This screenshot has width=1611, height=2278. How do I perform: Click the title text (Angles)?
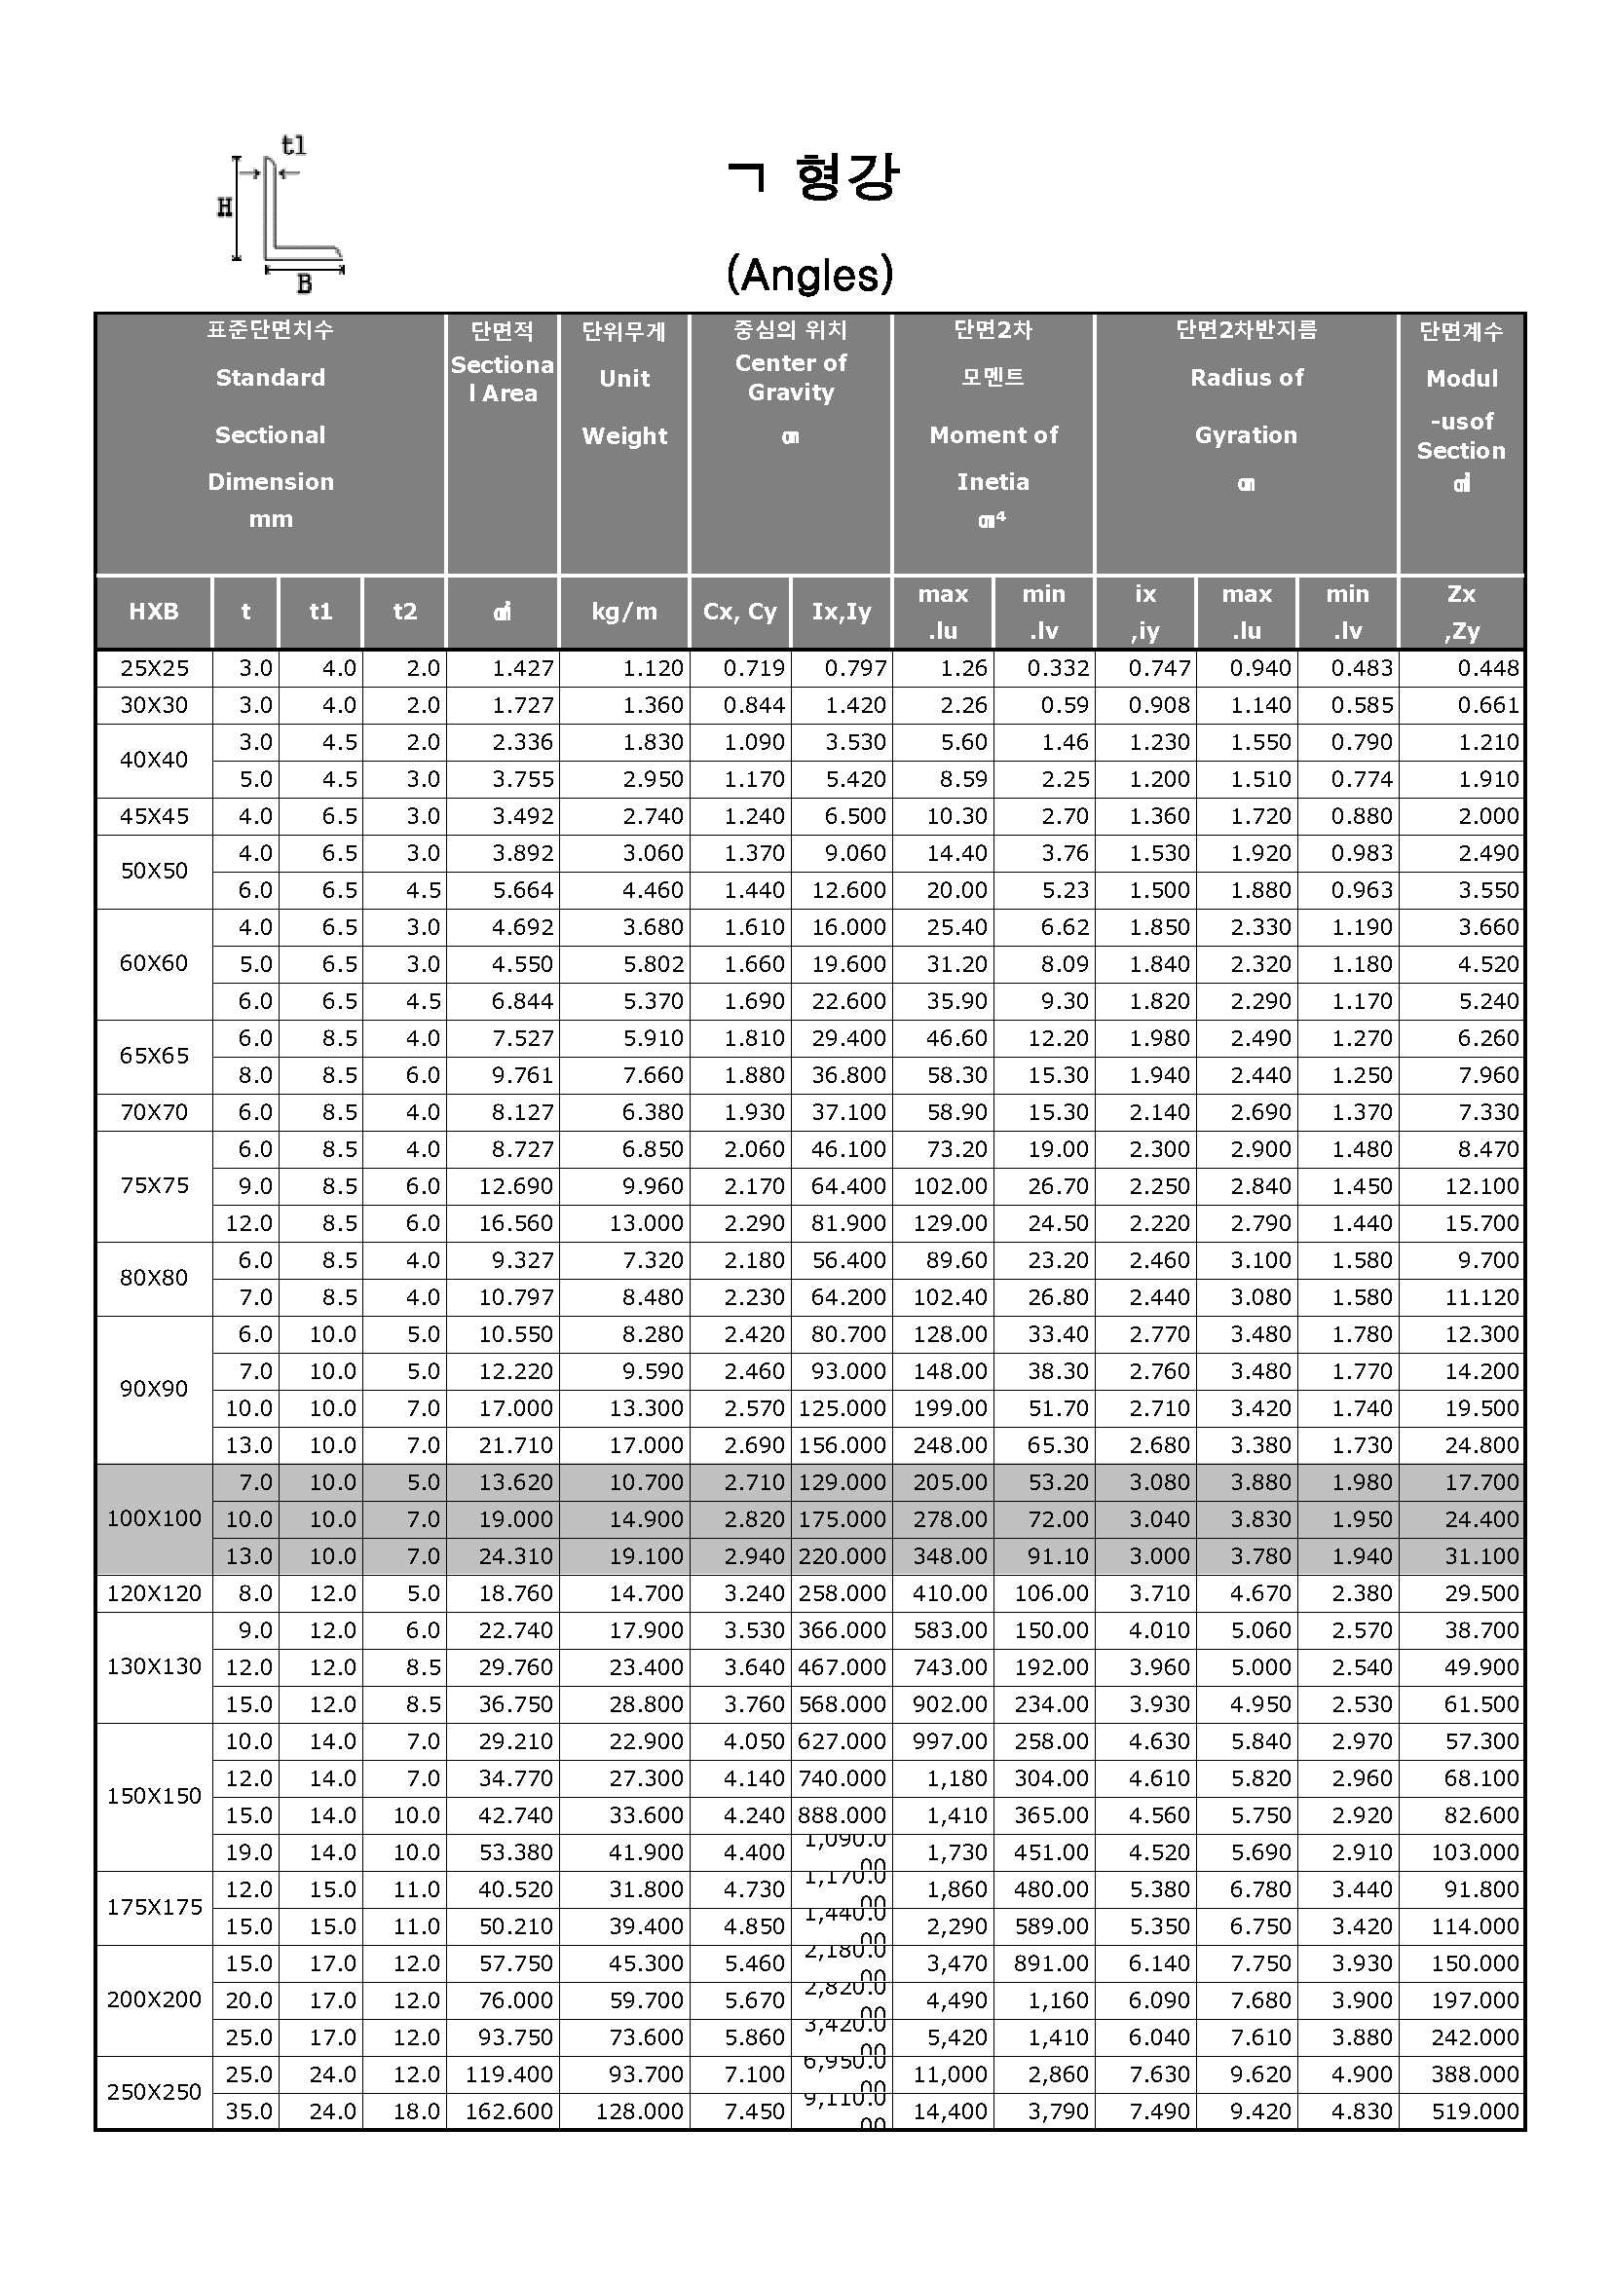809,274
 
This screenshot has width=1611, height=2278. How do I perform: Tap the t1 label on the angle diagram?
293,145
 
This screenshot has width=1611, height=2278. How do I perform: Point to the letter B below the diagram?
304,283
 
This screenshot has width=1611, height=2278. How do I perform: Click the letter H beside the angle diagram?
225,207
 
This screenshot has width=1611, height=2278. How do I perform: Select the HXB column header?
154,612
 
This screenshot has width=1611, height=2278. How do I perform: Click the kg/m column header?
624,612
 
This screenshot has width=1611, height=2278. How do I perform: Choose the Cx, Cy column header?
739,612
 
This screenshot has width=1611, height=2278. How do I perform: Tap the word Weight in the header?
624,435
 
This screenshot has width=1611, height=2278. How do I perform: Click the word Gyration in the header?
1246,434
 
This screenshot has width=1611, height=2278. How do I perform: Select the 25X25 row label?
154,669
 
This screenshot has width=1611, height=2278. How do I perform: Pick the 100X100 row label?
154,1518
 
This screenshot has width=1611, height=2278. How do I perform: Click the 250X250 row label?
154,2091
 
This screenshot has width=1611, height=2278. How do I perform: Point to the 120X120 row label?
154,1593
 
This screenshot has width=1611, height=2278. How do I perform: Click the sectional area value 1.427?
523,669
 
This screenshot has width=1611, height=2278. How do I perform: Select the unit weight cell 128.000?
639,2111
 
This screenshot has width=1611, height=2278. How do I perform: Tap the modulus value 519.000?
1475,2111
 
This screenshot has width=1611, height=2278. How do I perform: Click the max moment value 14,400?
950,2111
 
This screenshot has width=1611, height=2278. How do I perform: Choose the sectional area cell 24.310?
516,1555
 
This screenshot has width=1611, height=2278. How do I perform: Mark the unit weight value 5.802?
652,964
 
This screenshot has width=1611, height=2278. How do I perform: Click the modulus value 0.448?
1488,669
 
